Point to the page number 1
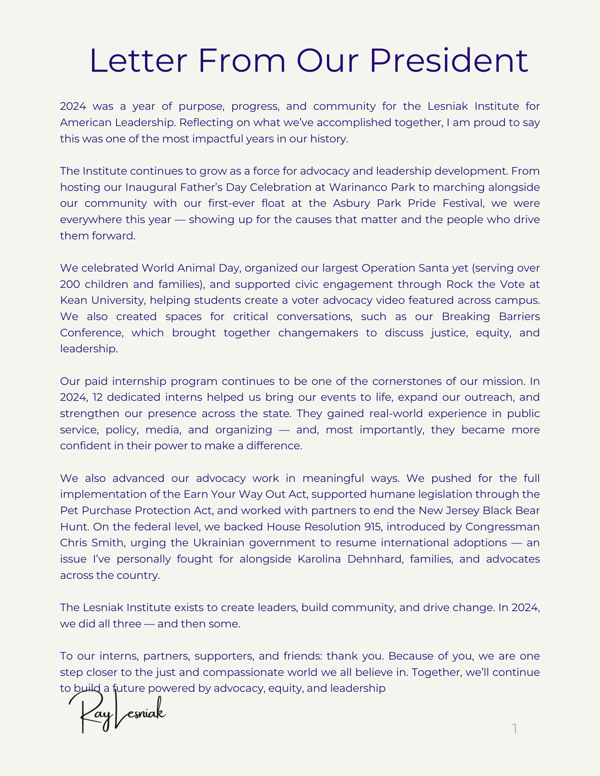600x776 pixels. click(x=515, y=729)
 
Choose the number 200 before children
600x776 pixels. click(x=70, y=284)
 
